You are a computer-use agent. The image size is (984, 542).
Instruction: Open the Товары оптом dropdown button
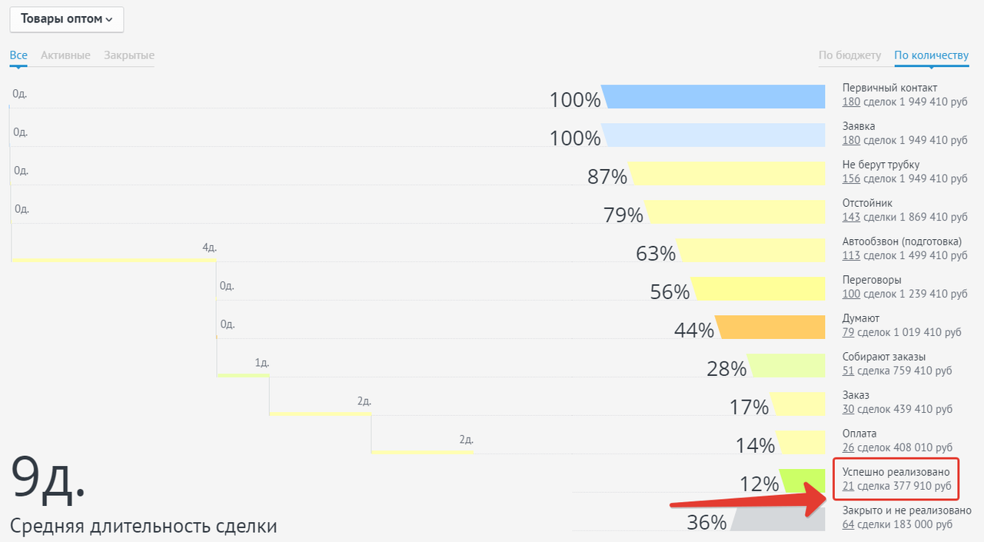pyautogui.click(x=67, y=19)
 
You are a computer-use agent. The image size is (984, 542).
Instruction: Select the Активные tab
pyautogui.click(x=65, y=55)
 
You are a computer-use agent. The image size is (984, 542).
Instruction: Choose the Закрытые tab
pyautogui.click(x=129, y=55)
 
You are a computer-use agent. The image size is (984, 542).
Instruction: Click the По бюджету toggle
pyautogui.click(x=849, y=55)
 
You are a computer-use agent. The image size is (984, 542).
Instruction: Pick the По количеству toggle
pyautogui.click(x=931, y=55)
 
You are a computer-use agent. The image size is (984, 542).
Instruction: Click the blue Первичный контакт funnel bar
pyautogui.click(x=715, y=97)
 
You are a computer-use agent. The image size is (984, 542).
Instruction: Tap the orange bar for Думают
pyautogui.click(x=771, y=328)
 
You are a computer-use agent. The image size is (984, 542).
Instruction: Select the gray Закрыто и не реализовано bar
pyautogui.click(x=779, y=520)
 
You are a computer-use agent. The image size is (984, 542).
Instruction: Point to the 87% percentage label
pyautogui.click(x=607, y=177)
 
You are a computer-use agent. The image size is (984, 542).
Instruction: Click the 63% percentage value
pyautogui.click(x=656, y=254)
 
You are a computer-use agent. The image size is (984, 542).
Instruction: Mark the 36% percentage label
pyautogui.click(x=706, y=523)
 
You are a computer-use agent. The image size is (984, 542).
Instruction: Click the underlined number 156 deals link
pyautogui.click(x=851, y=179)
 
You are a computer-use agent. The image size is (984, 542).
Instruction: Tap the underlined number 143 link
pyautogui.click(x=851, y=218)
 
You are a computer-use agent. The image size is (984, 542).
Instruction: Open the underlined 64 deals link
pyautogui.click(x=849, y=525)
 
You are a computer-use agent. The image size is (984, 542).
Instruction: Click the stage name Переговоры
pyautogui.click(x=872, y=280)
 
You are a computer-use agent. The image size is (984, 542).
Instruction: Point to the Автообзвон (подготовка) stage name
pyautogui.click(x=902, y=241)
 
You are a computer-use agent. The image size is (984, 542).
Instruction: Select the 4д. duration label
pyautogui.click(x=209, y=248)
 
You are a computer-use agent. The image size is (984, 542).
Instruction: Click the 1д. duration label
pyautogui.click(x=262, y=363)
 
